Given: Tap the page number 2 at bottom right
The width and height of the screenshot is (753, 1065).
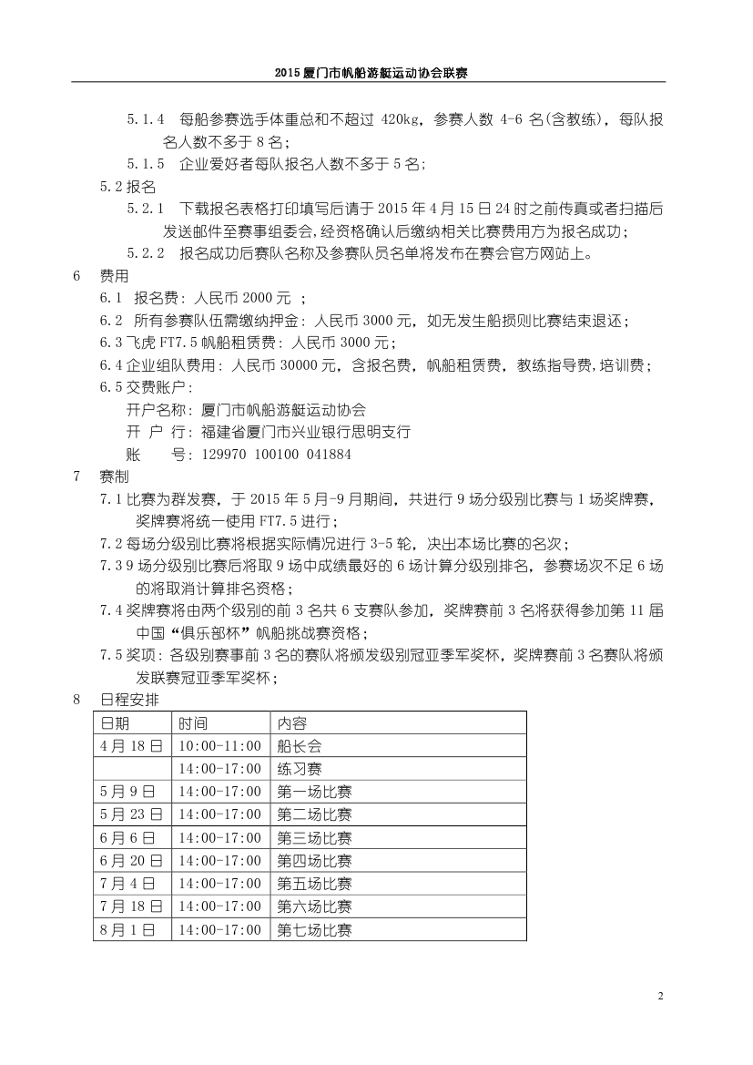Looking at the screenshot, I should coord(660,995).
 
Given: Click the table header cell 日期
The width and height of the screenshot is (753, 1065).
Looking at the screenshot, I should coord(115,722).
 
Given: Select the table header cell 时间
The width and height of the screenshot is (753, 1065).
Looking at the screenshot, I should coord(193,722).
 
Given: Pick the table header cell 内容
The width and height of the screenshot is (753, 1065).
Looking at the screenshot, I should coord(292,722).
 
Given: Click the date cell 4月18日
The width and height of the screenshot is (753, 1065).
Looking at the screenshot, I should coord(131,745).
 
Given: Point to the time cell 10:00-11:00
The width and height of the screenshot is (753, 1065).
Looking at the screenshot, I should coord(220,745).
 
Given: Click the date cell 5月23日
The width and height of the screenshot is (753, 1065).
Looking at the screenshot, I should coord(131,814).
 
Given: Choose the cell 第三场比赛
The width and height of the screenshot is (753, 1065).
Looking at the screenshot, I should coord(314,837).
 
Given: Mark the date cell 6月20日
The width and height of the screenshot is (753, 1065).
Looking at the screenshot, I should coord(131,860).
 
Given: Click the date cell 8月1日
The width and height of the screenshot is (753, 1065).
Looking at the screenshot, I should coord(127,930).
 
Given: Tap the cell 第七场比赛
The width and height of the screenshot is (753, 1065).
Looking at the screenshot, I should coord(314,930).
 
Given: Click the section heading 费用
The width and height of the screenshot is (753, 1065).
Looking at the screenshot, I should coord(114,274).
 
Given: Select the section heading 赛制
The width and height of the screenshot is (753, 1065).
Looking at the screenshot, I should coord(114,476).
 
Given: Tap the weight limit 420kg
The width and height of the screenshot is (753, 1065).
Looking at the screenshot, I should coord(402,119).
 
